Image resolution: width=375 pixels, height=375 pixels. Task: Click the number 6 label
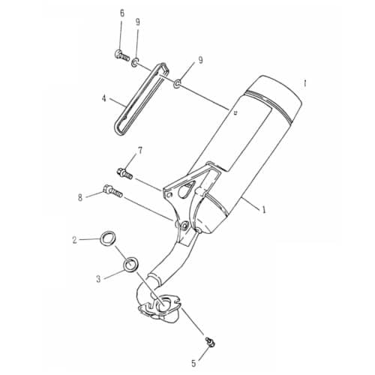[x=122, y=13]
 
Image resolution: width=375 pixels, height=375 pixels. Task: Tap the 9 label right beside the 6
[x=138, y=22]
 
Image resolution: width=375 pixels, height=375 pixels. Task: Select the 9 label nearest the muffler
[x=200, y=59]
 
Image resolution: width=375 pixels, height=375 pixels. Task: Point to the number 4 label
[x=105, y=97]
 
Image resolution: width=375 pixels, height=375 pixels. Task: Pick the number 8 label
[x=79, y=198]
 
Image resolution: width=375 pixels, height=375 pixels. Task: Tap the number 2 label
[x=75, y=240]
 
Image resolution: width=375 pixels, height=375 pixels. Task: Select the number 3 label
[x=97, y=277]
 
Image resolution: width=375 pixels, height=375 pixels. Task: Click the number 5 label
[x=193, y=364]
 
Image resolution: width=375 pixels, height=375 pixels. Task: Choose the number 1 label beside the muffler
[x=264, y=211]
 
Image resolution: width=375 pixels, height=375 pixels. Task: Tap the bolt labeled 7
[x=124, y=174]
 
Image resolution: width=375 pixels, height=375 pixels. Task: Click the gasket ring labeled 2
[x=109, y=239]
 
